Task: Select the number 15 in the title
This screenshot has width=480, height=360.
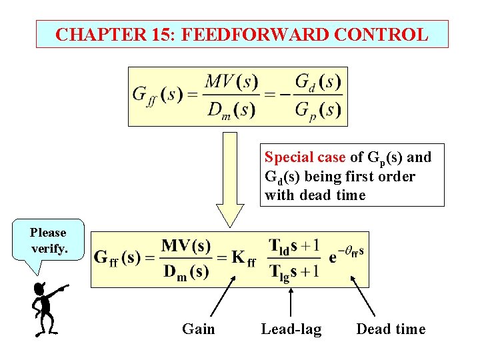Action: (x=158, y=34)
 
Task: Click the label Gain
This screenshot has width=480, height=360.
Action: (x=199, y=329)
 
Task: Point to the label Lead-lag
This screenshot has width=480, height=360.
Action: (x=291, y=329)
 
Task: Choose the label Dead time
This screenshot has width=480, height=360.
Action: (x=391, y=329)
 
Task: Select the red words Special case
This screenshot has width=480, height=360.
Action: (x=305, y=157)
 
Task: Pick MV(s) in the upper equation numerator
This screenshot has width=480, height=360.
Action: (x=231, y=83)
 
